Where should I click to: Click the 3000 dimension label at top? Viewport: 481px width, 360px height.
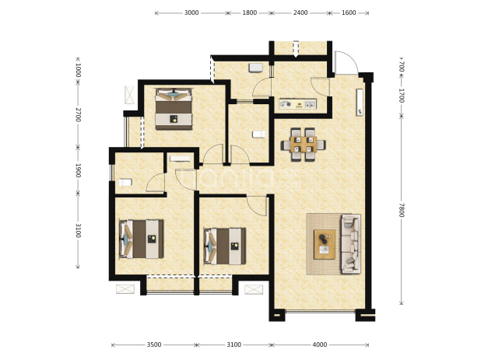coord(191,13)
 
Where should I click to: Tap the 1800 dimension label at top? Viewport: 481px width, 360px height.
coord(249,13)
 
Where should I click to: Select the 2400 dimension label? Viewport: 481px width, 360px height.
coord(300,13)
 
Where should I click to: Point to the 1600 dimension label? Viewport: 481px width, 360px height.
coord(349,13)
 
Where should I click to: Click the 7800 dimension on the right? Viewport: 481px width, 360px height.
coord(402,210)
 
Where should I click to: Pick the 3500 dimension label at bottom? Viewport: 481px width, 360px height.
coord(154,345)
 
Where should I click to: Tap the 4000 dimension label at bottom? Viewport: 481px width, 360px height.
coord(320,345)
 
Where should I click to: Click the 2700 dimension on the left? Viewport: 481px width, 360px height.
coord(78,114)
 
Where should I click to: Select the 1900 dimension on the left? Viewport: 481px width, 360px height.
coord(78,170)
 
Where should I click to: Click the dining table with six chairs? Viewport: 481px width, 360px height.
coord(304,145)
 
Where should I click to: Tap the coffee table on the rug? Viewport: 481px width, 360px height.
coord(325,244)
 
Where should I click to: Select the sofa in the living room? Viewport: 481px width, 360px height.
coord(350,244)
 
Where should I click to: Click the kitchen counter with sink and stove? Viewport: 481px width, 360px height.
coord(297,104)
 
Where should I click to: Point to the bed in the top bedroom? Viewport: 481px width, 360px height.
coord(174,109)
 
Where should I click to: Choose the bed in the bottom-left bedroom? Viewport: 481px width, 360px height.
coord(141,239)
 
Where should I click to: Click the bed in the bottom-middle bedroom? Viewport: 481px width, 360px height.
coord(225,246)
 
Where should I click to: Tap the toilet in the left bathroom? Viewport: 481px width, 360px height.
coord(125,182)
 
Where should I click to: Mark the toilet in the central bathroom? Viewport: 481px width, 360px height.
coord(258,135)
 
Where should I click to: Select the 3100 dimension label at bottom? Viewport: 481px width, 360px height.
coord(234,345)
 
